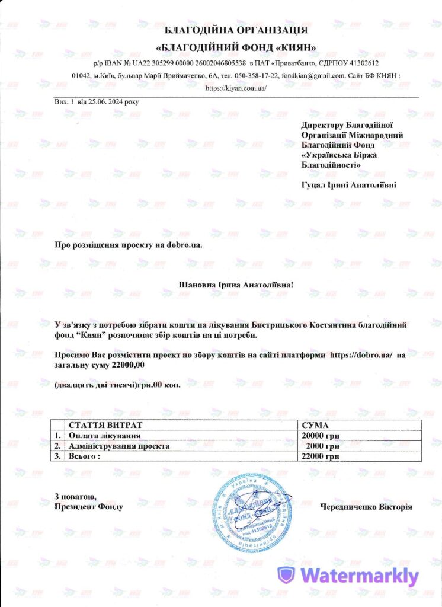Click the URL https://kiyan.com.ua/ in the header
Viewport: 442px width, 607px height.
pos(236,88)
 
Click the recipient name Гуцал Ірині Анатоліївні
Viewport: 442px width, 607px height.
pos(349,185)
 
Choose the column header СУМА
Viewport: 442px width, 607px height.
pos(315,426)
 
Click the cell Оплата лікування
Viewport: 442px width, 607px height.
pos(100,436)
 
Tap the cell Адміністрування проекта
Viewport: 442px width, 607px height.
pos(119,446)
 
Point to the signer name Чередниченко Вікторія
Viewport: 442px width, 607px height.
pos(366,507)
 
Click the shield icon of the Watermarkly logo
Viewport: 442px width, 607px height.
pos(287,575)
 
